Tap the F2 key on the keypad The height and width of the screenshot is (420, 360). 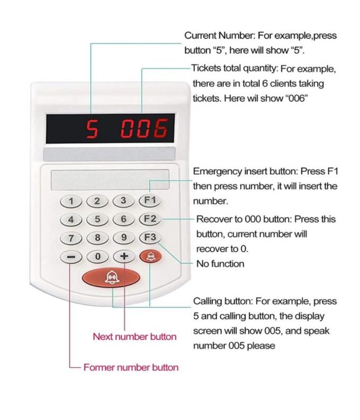(150, 219)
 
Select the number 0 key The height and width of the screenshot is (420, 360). (97, 257)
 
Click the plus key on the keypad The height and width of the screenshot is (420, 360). (124, 256)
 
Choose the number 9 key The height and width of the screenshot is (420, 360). (124, 238)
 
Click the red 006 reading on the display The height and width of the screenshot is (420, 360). (145, 129)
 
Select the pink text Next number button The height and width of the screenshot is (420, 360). (134, 336)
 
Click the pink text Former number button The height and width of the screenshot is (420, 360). (131, 367)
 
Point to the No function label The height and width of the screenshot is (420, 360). (220, 263)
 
